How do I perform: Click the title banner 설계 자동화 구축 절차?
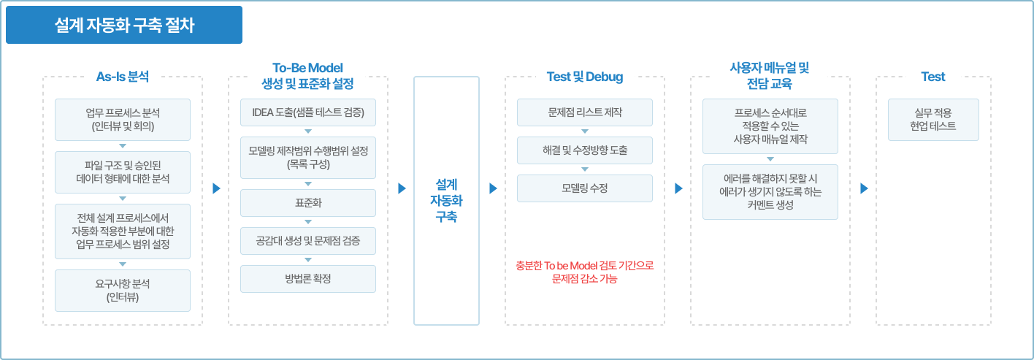(x=123, y=25)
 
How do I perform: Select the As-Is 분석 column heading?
(x=123, y=77)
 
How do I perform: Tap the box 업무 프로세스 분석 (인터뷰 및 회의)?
(x=123, y=120)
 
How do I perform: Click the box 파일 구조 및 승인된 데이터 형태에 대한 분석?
(x=123, y=172)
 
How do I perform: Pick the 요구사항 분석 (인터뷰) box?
(x=123, y=291)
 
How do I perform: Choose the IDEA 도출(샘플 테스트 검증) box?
(x=308, y=112)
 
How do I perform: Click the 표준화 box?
(x=308, y=202)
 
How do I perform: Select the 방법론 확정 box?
(x=308, y=279)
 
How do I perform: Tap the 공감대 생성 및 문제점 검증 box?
(x=308, y=241)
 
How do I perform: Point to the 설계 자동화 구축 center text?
(x=446, y=201)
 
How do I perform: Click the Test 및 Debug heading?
(x=584, y=77)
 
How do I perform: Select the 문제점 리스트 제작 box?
(x=585, y=112)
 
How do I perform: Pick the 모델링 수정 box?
(x=585, y=188)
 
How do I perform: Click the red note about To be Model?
(x=584, y=272)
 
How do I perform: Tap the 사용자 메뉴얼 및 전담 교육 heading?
(x=770, y=76)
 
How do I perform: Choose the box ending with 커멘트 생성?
(x=770, y=192)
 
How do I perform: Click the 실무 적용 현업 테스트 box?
(x=933, y=120)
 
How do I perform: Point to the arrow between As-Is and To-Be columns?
(x=216, y=188)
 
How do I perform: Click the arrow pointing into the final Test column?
(x=864, y=188)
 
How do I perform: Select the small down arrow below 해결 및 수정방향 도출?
(x=585, y=169)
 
